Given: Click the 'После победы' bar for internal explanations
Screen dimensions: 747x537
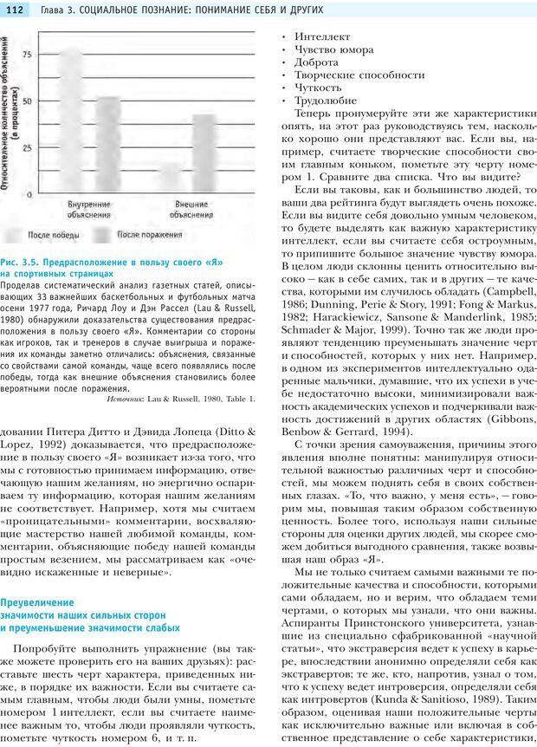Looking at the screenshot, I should (x=71, y=121).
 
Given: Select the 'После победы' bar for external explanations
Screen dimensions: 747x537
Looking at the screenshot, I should (x=170, y=179).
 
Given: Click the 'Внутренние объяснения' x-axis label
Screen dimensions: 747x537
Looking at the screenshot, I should (x=90, y=209).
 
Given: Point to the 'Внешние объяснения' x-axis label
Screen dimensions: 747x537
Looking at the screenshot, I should (x=191, y=209).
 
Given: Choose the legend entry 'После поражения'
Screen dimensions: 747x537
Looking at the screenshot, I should (x=147, y=235).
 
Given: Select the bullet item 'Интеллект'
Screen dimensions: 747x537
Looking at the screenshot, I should (x=322, y=37).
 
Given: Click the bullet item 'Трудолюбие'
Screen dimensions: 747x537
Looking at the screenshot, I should (x=326, y=101).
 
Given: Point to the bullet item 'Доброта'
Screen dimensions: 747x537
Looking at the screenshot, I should (x=316, y=62).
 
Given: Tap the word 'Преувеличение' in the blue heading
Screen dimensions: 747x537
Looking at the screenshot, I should (x=40, y=601).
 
